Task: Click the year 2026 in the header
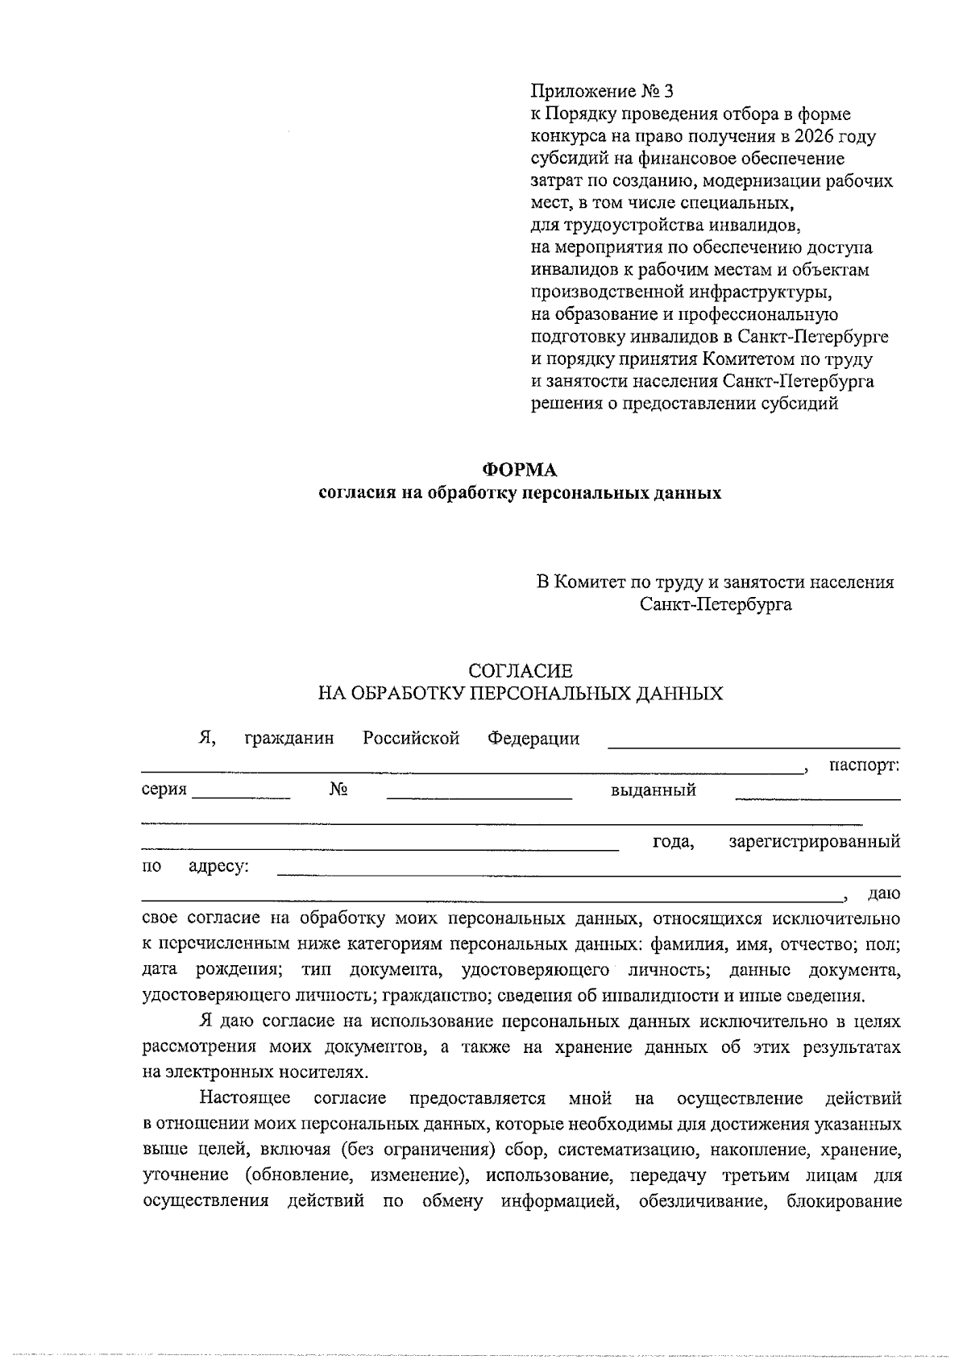813,136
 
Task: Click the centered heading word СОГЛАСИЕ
521,670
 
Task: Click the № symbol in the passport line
338,790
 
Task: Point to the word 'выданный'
653,790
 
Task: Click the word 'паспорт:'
864,765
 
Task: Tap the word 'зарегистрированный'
814,842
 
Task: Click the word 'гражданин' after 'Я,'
288,739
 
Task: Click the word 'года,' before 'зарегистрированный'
673,842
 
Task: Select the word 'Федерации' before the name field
533,739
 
